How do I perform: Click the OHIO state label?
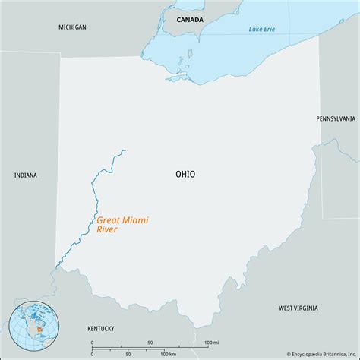tap(185, 174)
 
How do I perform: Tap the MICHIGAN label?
tap(72, 27)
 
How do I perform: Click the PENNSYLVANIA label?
tap(335, 118)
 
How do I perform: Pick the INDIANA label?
tap(26, 175)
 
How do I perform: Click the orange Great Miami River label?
tap(122, 224)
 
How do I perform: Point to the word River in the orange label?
tap(107, 229)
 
